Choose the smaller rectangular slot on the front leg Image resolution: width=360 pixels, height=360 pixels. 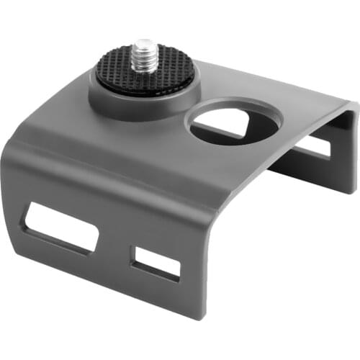pyautogui.click(x=156, y=264)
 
